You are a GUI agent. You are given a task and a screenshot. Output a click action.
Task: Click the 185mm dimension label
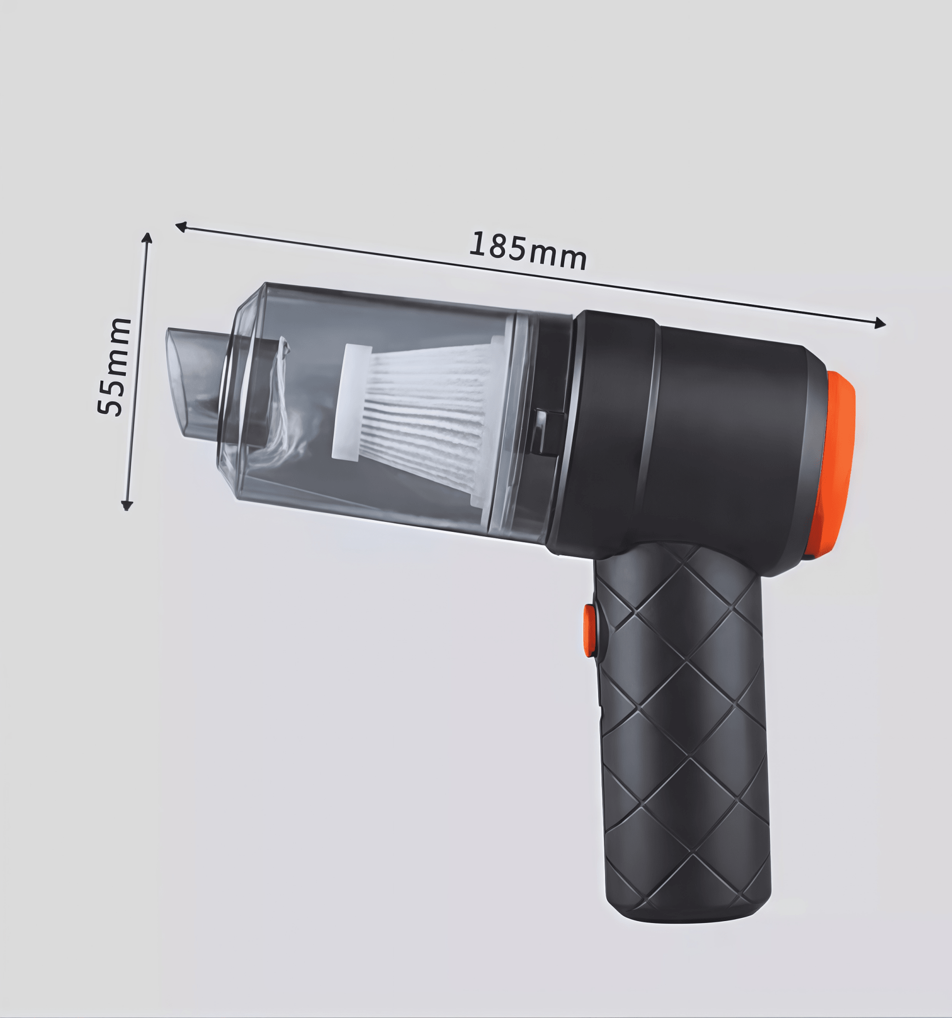click(527, 251)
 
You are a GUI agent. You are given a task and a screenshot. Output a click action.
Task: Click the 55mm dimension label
click(114, 366)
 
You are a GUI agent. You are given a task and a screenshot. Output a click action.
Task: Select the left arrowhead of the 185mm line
click(181, 226)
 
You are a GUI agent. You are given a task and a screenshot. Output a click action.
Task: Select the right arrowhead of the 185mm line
click(880, 323)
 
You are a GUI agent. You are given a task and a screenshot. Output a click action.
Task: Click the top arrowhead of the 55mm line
click(147, 238)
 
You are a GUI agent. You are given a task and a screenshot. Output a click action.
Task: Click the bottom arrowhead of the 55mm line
click(126, 506)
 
